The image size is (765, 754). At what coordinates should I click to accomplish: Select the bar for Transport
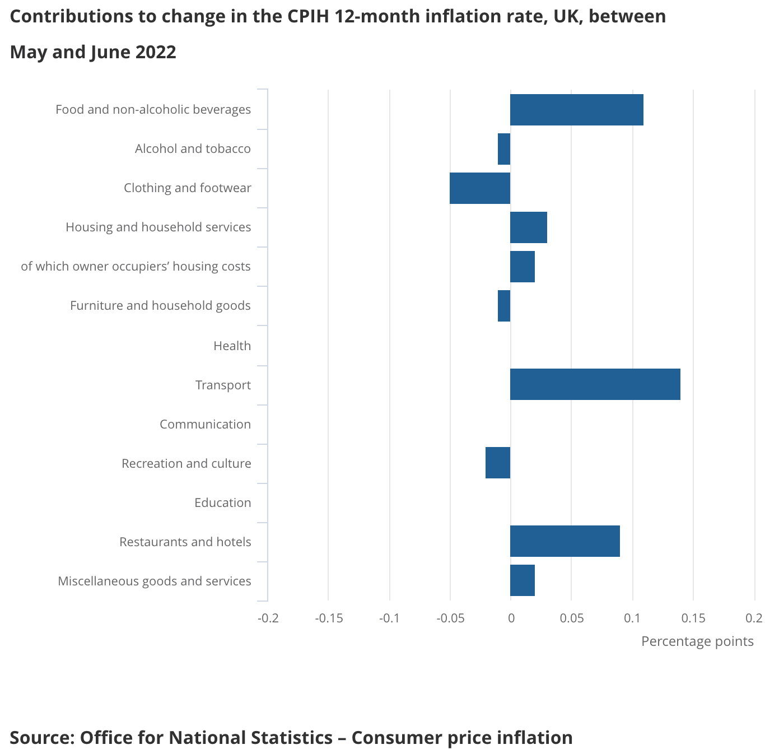click(595, 384)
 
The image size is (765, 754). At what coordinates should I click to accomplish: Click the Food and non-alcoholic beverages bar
click(576, 110)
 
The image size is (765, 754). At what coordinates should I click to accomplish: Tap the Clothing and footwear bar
click(480, 188)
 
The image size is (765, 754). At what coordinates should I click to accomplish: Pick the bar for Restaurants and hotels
click(565, 541)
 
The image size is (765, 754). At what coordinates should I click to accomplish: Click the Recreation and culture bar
click(498, 463)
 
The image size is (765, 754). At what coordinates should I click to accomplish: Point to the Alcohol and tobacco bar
click(504, 149)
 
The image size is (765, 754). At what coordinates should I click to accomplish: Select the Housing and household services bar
click(528, 227)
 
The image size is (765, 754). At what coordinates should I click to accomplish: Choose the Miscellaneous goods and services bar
click(522, 580)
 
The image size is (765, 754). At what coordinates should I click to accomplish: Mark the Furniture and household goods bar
click(504, 306)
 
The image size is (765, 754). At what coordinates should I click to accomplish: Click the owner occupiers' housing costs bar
click(522, 267)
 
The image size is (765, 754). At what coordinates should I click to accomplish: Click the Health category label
click(232, 346)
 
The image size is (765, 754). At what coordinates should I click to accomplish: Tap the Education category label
click(222, 502)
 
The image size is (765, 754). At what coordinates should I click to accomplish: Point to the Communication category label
click(205, 424)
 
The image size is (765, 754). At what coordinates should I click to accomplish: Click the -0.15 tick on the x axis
click(329, 618)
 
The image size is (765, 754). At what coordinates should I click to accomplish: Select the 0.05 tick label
click(571, 618)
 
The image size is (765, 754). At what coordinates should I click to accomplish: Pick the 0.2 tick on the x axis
click(754, 618)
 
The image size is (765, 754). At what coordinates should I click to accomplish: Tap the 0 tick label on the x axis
click(511, 618)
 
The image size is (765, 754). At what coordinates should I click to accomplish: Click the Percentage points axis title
click(697, 641)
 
